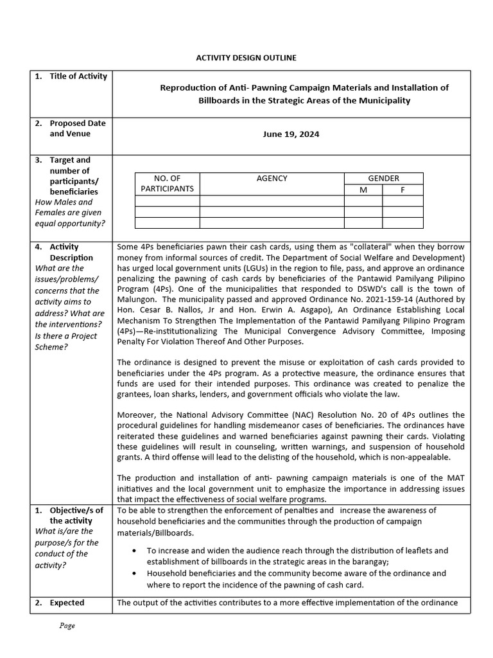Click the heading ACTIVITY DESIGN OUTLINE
pos(246,58)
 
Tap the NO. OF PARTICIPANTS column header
pos(167,183)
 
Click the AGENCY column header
pos(272,178)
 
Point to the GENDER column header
pos(383,178)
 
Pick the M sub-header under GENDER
pos(363,190)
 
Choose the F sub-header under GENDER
pos(402,190)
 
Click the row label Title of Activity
pos(78,76)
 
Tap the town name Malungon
pos(139,299)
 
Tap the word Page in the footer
pos(67,626)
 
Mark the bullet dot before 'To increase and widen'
pos(133,551)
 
